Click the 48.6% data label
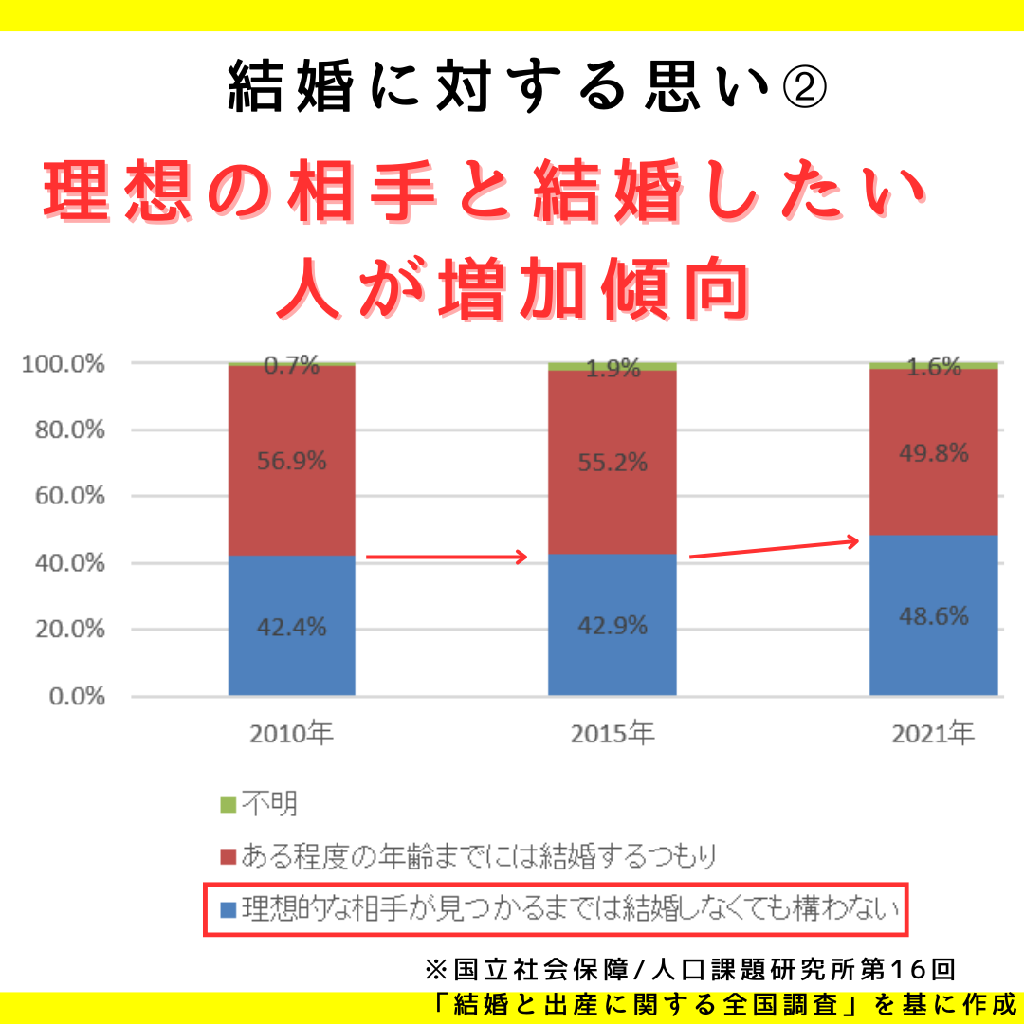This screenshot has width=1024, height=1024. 934,616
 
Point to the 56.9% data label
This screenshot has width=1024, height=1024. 291,462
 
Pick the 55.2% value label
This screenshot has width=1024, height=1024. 612,463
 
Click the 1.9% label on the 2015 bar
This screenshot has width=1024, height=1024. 612,369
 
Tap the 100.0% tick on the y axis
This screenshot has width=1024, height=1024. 63,364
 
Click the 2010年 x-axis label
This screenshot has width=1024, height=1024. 291,734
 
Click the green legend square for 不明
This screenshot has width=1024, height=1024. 228,806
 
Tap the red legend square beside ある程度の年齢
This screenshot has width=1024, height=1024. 228,857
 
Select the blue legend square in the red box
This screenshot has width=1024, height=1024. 228,910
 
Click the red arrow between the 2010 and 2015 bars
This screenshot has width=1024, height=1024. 446,558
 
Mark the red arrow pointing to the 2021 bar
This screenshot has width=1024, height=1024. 774,549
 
